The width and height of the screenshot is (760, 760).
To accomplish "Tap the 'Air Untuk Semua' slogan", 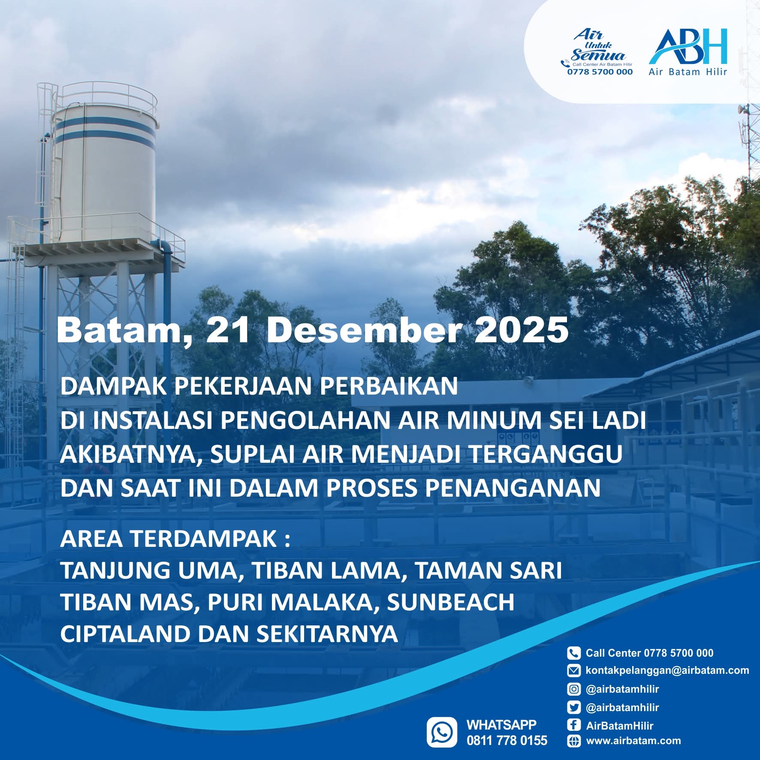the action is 598,45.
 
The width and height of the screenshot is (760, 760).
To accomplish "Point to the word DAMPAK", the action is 113,386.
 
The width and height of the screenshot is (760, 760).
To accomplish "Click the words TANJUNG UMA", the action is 148,570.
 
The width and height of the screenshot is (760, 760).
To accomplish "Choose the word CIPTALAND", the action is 125,634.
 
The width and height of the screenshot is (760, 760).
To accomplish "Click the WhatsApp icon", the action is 442,732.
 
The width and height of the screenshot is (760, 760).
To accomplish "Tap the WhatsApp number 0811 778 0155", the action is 507,740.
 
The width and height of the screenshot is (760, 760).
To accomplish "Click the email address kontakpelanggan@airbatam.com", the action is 667,670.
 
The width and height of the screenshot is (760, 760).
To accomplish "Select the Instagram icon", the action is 573,689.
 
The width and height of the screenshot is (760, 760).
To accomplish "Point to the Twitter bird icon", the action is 573,707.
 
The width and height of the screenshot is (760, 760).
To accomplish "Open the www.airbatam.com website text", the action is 633,741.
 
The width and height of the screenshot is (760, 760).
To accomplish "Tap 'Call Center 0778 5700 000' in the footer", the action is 649,653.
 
